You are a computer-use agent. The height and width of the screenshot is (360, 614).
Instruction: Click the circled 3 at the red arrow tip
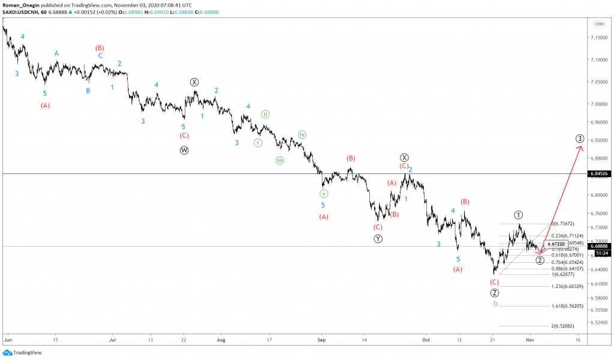(580, 139)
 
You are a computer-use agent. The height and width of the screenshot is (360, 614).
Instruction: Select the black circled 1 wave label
(519, 215)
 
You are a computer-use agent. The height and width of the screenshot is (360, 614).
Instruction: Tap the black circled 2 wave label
(540, 260)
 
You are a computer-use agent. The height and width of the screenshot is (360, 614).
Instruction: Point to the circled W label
(184, 151)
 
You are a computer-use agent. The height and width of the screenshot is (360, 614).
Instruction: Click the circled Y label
(378, 238)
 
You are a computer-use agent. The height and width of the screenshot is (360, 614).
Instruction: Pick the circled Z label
(494, 293)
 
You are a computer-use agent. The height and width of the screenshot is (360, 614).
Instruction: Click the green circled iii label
(280, 160)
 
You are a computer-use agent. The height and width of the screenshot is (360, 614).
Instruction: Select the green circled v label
(323, 194)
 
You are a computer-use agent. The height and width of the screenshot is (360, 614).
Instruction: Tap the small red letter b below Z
(495, 304)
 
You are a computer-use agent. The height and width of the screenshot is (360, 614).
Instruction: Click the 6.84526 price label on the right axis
(599, 173)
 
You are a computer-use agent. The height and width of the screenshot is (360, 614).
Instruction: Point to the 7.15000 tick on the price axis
(599, 37)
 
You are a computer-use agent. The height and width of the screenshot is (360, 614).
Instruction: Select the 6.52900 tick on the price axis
(599, 323)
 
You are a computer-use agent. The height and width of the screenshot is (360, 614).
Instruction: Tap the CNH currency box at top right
(599, 23)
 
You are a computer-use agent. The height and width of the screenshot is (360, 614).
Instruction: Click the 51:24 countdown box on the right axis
(599, 253)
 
